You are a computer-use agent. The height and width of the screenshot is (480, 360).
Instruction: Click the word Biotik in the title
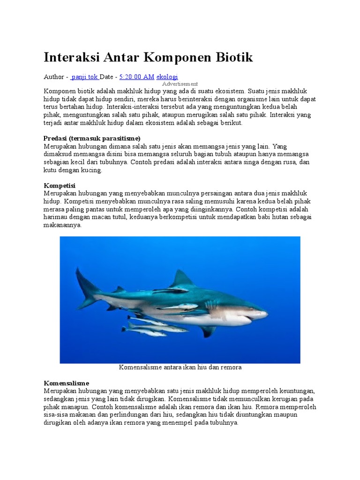[x=228, y=58]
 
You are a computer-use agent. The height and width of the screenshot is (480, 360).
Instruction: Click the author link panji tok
[x=84, y=77]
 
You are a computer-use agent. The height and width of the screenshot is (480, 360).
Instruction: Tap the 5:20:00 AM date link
[x=136, y=77]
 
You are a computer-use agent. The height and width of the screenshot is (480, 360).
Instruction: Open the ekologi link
[x=167, y=77]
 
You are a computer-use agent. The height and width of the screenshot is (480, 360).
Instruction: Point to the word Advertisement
[x=180, y=84]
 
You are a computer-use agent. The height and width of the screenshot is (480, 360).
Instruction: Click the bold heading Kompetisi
[x=60, y=186]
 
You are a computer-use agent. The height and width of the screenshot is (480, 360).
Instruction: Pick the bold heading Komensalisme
[x=66, y=383]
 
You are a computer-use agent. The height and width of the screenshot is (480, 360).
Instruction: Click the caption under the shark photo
[x=180, y=367]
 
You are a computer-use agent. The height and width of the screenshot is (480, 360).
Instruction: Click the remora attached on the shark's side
[x=182, y=307]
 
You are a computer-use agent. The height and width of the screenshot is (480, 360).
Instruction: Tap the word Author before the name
[x=54, y=77]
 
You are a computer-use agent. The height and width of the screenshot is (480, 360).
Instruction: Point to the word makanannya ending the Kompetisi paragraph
[x=63, y=225]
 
